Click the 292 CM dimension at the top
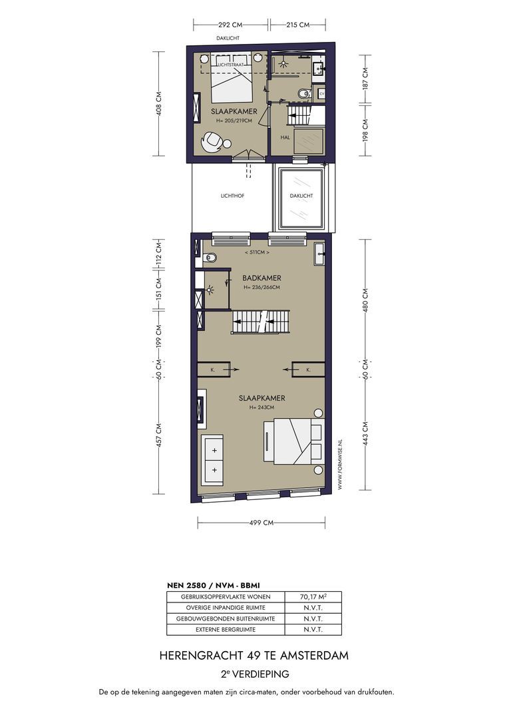pyautogui.click(x=230, y=25)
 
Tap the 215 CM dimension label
pyautogui.click(x=298, y=25)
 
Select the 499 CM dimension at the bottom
pyautogui.click(x=261, y=523)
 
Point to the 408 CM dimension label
pyautogui.click(x=159, y=103)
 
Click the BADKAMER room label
pyautogui.click(x=261, y=278)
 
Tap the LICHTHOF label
pyautogui.click(x=232, y=196)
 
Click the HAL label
pyautogui.click(x=285, y=137)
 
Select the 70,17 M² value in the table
pyautogui.click(x=313, y=597)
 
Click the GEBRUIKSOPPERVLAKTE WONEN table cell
pyautogui.click(x=226, y=597)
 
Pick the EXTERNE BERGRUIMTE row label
pyautogui.click(x=226, y=630)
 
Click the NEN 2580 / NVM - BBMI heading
pyautogui.click(x=213, y=585)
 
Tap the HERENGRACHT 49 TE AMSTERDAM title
pyautogui.click(x=254, y=656)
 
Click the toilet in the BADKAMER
pyautogui.click(x=209, y=258)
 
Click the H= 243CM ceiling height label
pyautogui.click(x=261, y=407)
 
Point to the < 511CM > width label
pyautogui.click(x=257, y=252)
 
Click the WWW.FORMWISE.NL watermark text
pyautogui.click(x=339, y=465)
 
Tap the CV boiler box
pyautogui.click(x=321, y=94)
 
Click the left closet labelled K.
pyautogui.click(x=214, y=369)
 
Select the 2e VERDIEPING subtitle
pyautogui.click(x=255, y=674)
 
